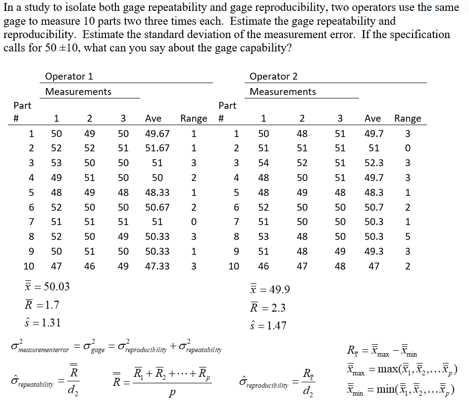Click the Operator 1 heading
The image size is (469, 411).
(x=69, y=76)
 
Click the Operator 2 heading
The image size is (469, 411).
(x=273, y=76)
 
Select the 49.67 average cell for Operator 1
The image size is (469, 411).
(x=157, y=134)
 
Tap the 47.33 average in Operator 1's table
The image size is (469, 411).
(x=157, y=266)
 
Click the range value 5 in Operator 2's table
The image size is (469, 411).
(x=407, y=237)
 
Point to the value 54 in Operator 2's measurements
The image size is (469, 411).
(x=263, y=163)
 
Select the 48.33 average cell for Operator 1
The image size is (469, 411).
(x=157, y=192)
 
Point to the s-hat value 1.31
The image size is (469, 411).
(x=51, y=323)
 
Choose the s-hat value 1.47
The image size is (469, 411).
(x=275, y=325)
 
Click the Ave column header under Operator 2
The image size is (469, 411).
(x=372, y=118)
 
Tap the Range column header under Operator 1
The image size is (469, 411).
(x=194, y=118)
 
